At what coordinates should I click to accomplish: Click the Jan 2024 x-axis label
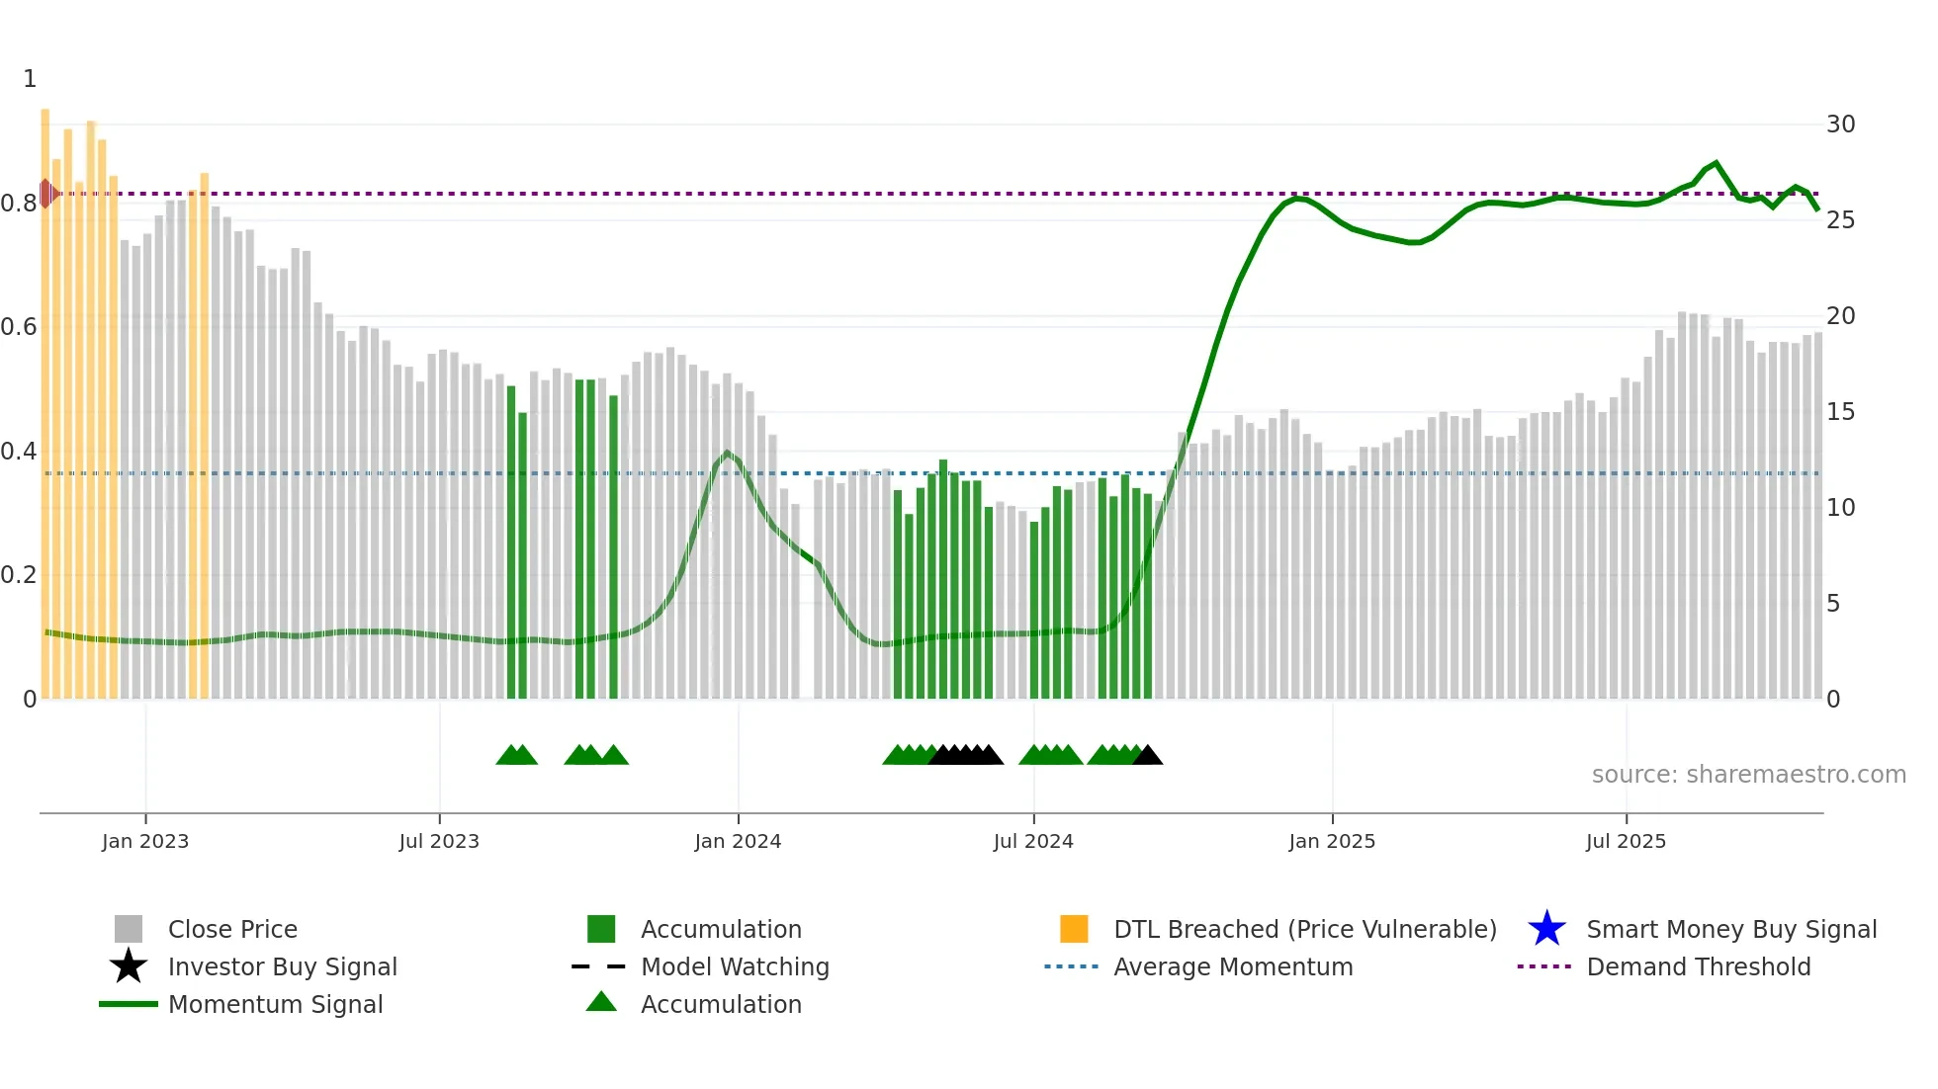pyautogui.click(x=738, y=841)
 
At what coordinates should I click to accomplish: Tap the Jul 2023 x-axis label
pyautogui.click(x=439, y=841)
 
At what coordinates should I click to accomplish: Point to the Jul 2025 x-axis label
pyautogui.click(x=1626, y=841)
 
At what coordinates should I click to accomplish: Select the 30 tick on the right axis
pyautogui.click(x=1840, y=125)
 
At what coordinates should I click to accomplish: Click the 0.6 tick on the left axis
pyautogui.click(x=19, y=327)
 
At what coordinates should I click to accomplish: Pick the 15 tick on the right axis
pyautogui.click(x=1840, y=412)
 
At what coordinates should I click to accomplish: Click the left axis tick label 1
pyautogui.click(x=30, y=79)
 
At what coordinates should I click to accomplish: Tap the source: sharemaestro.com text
pyautogui.click(x=1748, y=775)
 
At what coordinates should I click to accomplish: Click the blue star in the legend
pyautogui.click(x=1546, y=929)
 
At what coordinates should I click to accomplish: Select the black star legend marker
pyautogui.click(x=129, y=966)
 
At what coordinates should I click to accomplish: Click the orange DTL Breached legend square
pyautogui.click(x=1074, y=929)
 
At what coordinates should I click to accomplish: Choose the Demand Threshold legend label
pyautogui.click(x=1698, y=966)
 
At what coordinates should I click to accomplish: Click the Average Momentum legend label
pyautogui.click(x=1233, y=966)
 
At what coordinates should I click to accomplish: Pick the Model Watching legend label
pyautogui.click(x=735, y=966)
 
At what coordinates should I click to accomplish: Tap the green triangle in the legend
pyautogui.click(x=601, y=1003)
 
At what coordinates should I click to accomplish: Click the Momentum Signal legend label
pyautogui.click(x=275, y=1004)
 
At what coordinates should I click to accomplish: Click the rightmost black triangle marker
pyautogui.click(x=1147, y=756)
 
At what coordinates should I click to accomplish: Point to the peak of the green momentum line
pyautogui.click(x=1716, y=163)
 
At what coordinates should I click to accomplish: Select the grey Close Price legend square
pyautogui.click(x=129, y=929)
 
